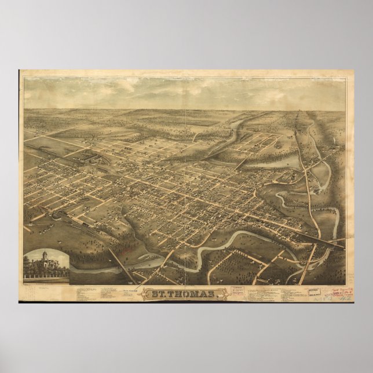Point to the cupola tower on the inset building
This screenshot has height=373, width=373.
[44, 254]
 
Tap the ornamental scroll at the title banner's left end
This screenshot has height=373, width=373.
[146, 294]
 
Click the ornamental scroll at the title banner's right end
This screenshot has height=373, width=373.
[224, 294]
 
